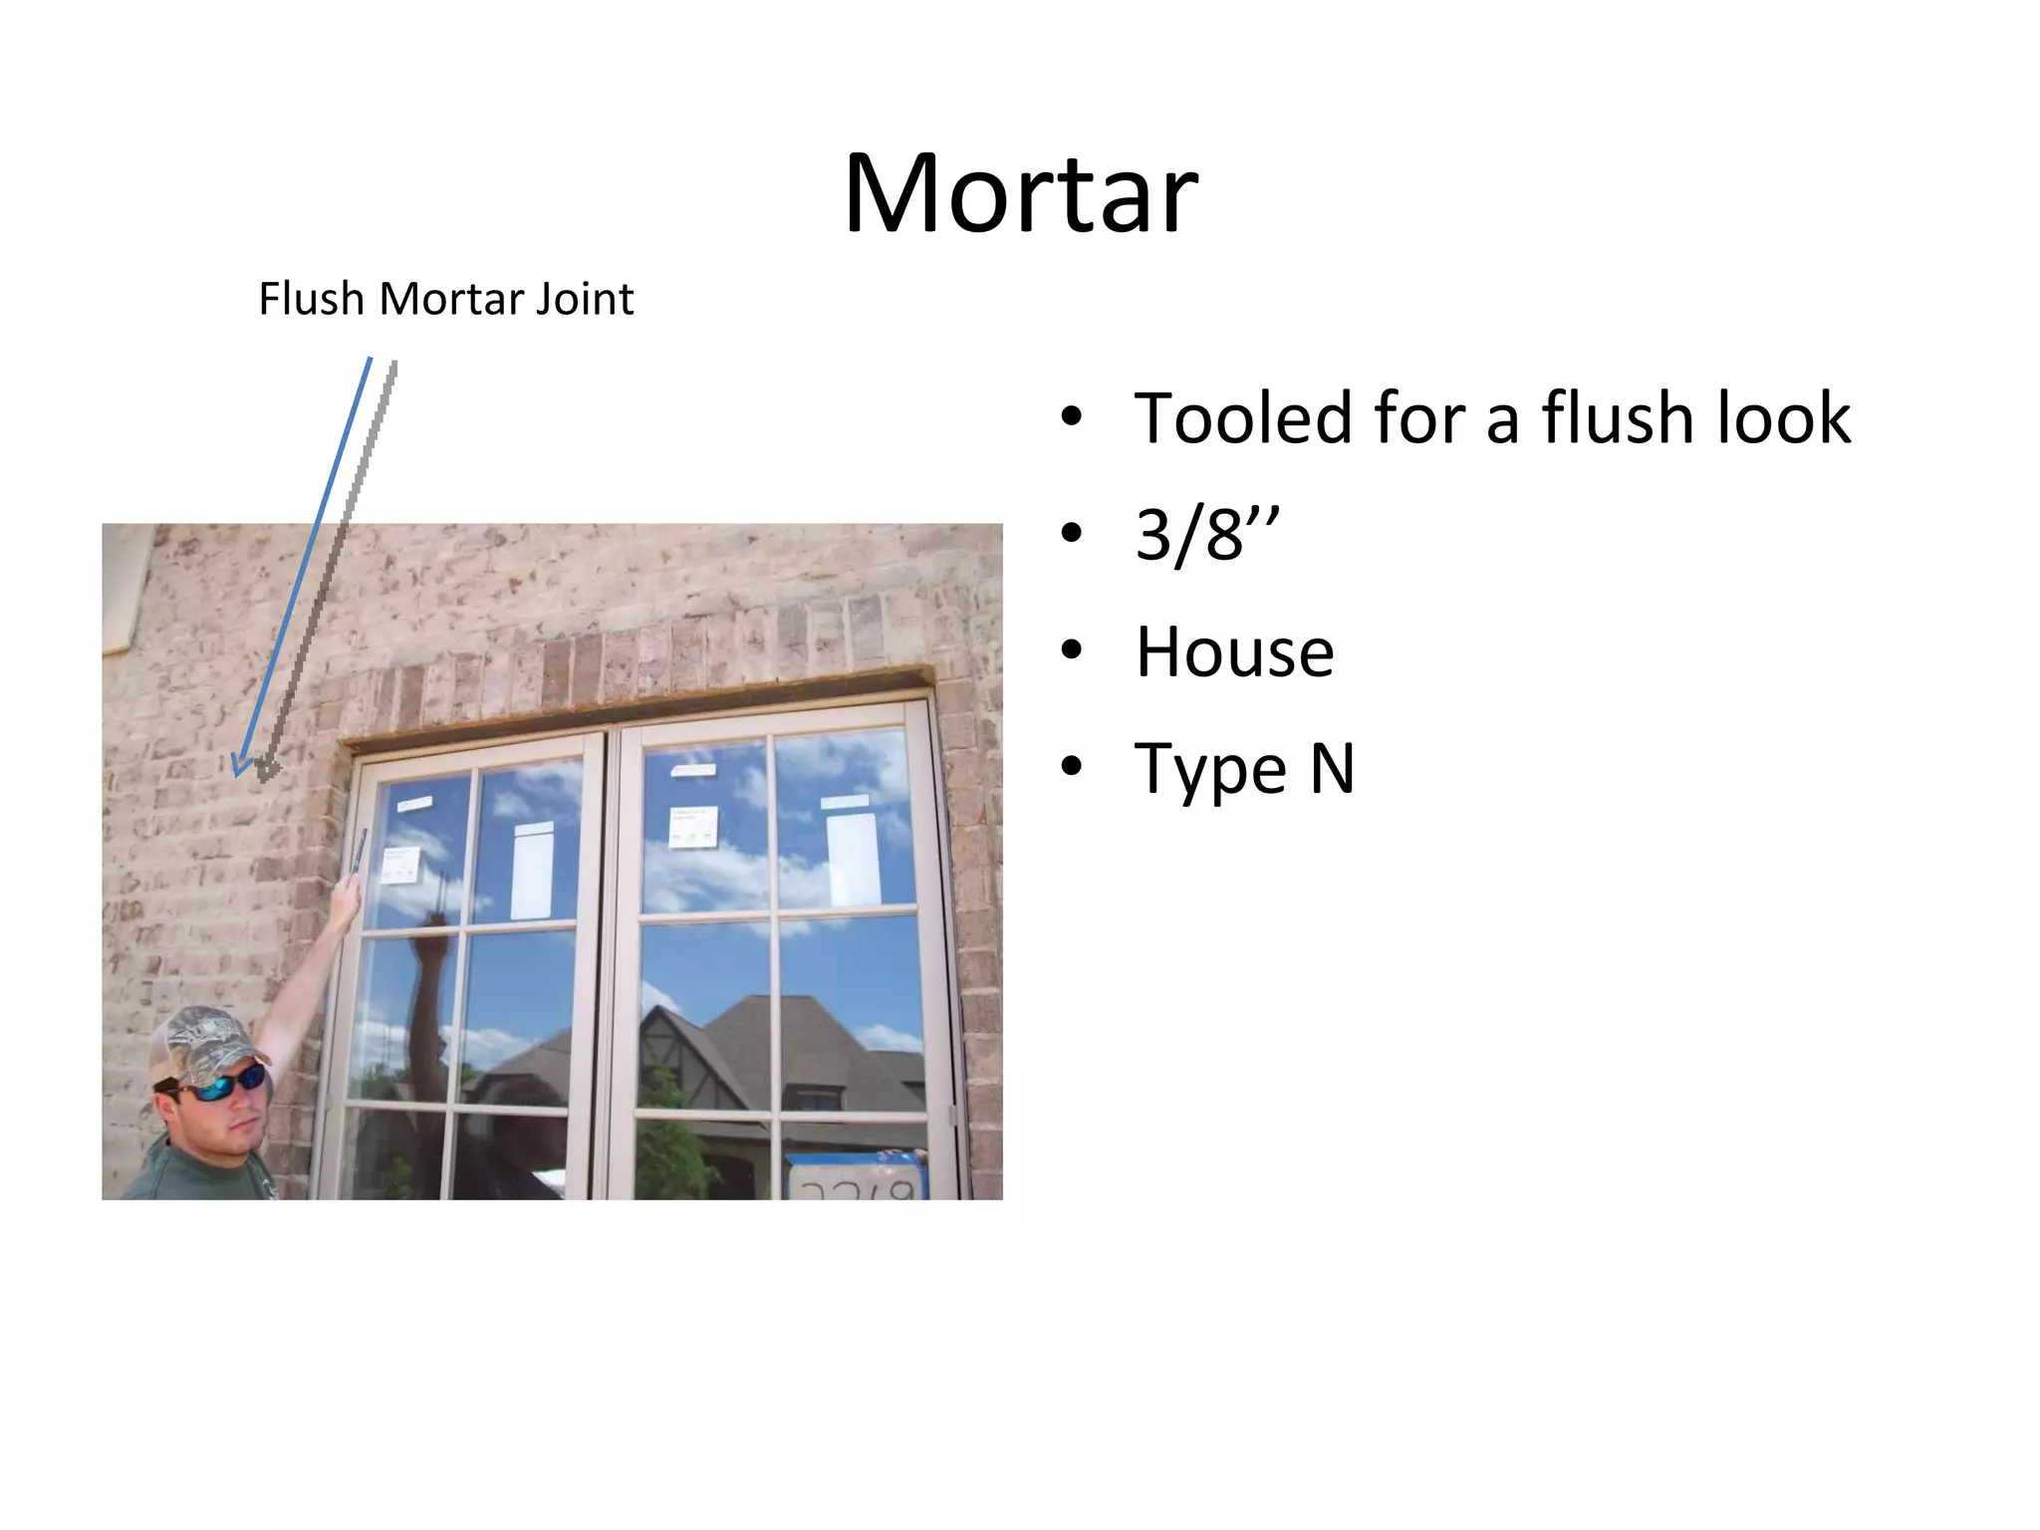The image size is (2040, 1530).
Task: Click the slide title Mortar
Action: tap(1020, 193)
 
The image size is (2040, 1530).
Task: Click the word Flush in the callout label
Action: tap(311, 299)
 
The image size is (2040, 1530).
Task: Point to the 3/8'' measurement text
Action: tap(1206, 535)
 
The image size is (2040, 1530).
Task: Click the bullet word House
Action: tap(1234, 652)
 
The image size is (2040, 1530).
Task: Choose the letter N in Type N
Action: tap(1332, 769)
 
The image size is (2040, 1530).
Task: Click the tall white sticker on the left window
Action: tap(532, 871)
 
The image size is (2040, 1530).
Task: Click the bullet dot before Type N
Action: tap(1071, 768)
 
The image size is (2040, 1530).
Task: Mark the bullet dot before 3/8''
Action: tap(1071, 534)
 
